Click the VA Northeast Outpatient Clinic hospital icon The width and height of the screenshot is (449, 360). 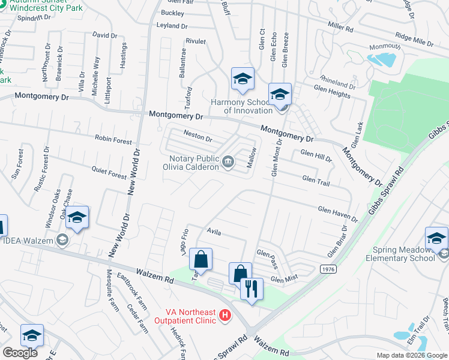click(x=224, y=314)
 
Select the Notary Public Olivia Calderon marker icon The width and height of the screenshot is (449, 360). click(x=228, y=161)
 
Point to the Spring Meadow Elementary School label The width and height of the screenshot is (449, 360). click(x=400, y=254)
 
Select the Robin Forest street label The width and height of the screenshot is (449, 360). click(x=113, y=139)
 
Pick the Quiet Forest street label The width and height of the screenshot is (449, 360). click(x=109, y=172)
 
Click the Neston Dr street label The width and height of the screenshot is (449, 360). click(x=198, y=137)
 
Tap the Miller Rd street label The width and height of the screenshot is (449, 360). click(x=340, y=27)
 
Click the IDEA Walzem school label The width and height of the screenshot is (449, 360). click(x=28, y=241)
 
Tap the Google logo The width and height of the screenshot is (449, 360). click(x=19, y=353)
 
